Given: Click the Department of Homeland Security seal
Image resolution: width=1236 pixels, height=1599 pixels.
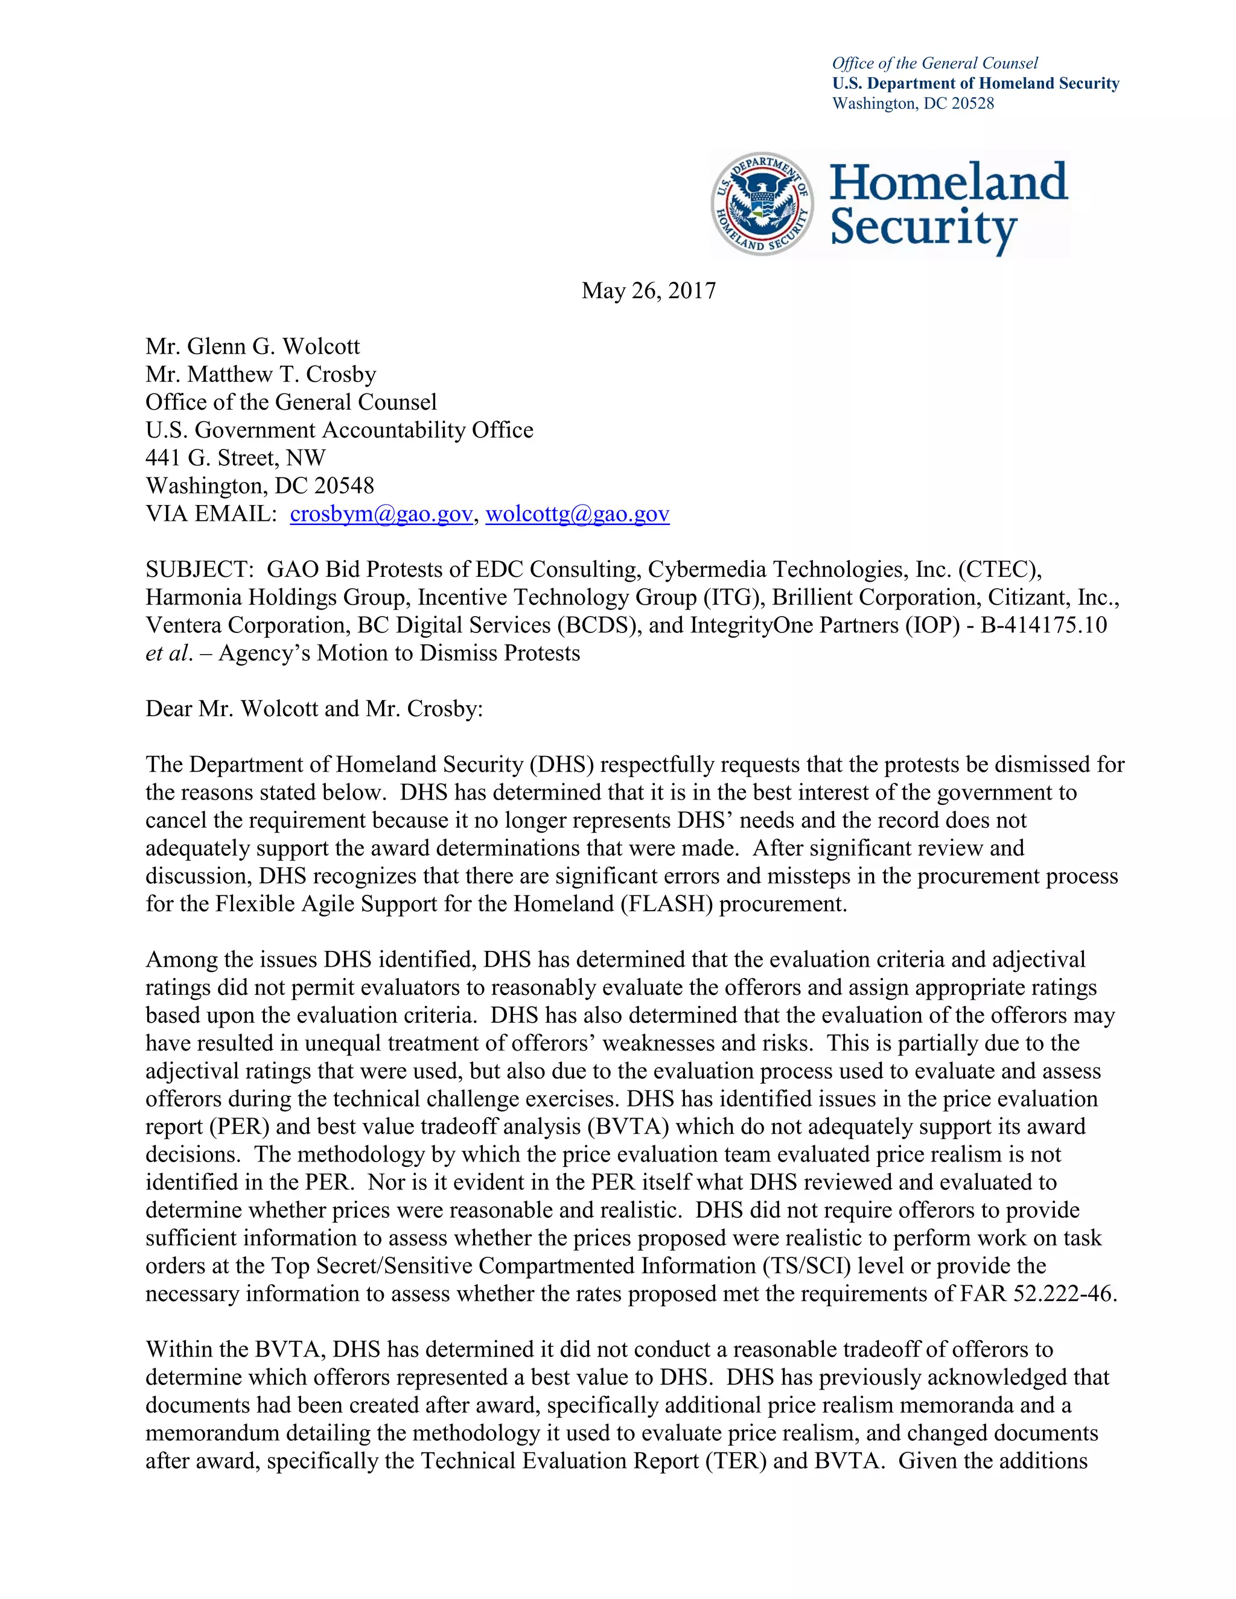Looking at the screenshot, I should tap(762, 203).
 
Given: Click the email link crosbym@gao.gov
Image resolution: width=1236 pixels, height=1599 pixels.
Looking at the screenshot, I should tap(381, 514).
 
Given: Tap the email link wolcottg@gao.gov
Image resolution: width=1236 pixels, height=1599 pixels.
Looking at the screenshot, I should tap(577, 514).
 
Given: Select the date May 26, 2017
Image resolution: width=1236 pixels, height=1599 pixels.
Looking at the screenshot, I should tap(649, 291).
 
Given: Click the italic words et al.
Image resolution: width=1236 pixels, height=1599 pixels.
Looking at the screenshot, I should tap(169, 653).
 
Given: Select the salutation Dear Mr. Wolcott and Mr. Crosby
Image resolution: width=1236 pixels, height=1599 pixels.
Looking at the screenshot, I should tap(314, 709).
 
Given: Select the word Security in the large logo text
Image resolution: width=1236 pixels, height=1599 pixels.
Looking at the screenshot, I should tap(923, 227).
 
